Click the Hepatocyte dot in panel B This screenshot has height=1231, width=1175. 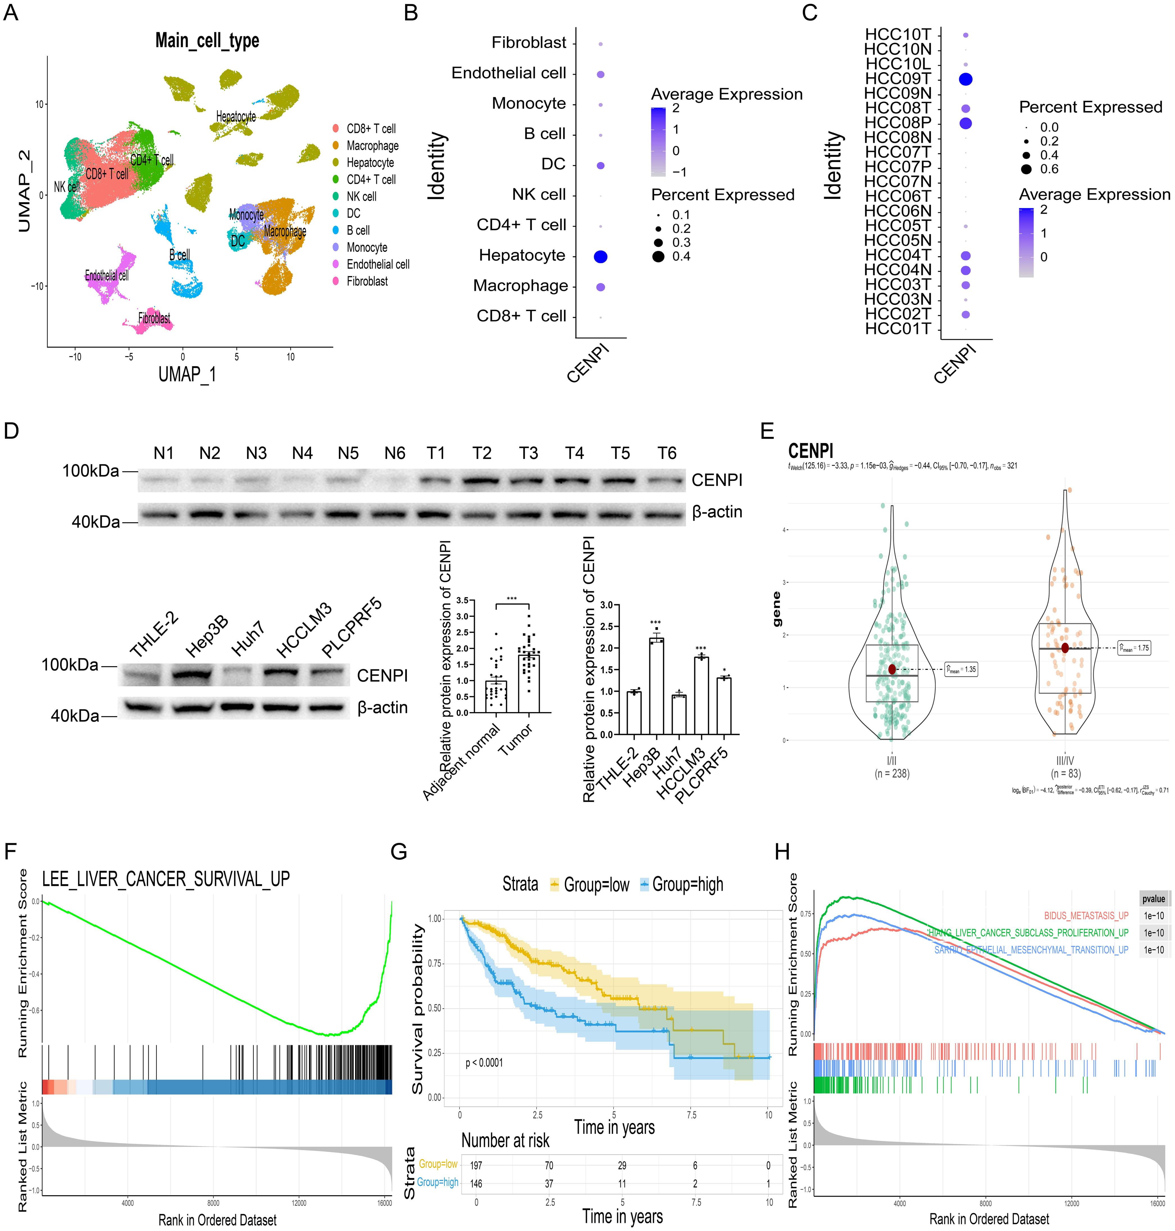[600, 256]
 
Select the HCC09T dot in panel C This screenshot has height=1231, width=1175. [965, 79]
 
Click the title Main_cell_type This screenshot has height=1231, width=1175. [207, 41]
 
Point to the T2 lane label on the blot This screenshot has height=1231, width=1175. [482, 453]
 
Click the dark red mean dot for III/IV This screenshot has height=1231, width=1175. [1065, 648]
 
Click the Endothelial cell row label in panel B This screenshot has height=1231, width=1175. [509, 73]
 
